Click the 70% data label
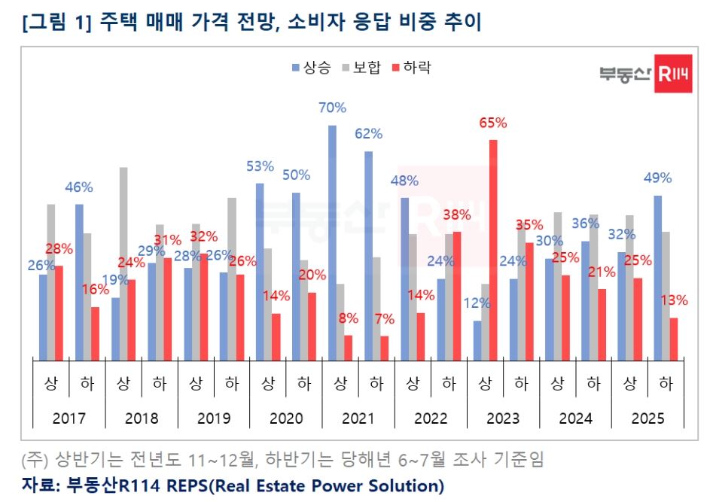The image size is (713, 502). [332, 108]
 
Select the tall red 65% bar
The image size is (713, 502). [493, 250]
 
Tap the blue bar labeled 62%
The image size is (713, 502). [368, 256]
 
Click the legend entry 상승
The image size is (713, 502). [312, 68]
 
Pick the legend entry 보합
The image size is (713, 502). [362, 68]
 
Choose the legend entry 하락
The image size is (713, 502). [412, 68]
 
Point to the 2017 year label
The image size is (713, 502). [69, 418]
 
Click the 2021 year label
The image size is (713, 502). [358, 418]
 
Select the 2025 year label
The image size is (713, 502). [647, 418]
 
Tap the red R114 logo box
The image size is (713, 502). [673, 74]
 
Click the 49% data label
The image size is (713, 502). [657, 178]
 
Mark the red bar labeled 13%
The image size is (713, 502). [674, 339]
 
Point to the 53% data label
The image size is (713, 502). [260, 166]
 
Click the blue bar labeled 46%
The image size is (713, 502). [79, 282]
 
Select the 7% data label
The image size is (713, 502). [384, 319]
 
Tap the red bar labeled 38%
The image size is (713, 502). [457, 296]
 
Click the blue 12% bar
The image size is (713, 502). [477, 341]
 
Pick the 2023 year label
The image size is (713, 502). [503, 418]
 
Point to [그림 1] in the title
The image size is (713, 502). [56, 22]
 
